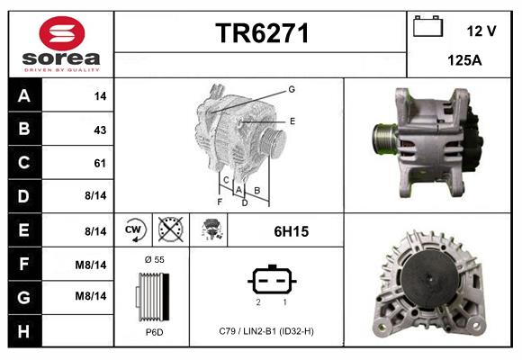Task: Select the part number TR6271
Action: point(261,33)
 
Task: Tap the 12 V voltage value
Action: point(481,31)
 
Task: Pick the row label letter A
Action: point(23,96)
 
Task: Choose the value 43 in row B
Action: point(99,130)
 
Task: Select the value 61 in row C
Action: point(99,163)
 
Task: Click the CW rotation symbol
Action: point(133,230)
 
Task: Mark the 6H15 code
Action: point(291,231)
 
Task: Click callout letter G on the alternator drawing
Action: point(292,89)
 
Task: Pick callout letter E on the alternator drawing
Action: point(292,120)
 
